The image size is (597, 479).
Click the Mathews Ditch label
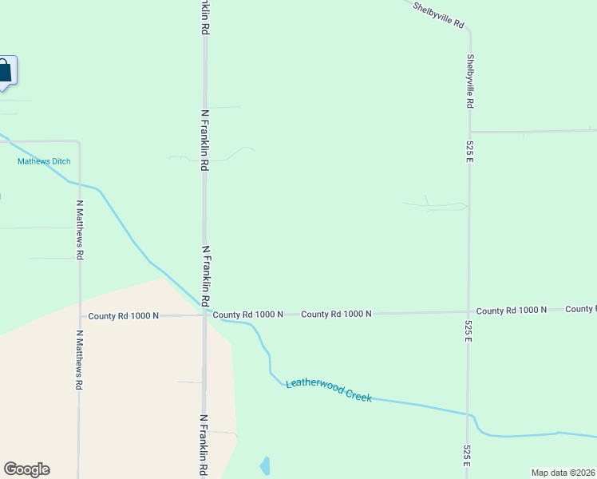click(x=44, y=161)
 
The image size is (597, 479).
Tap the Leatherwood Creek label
click(x=329, y=390)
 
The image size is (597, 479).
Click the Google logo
click(x=26, y=469)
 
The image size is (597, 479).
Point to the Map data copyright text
click(x=563, y=473)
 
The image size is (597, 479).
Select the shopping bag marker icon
click(x=4, y=71)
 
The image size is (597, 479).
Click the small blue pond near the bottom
click(x=265, y=465)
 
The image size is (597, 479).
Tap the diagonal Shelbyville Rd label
click(x=438, y=15)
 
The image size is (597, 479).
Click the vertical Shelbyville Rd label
click(x=471, y=81)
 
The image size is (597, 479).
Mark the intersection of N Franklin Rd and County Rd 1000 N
click(x=205, y=315)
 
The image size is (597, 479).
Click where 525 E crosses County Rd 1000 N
click(x=469, y=311)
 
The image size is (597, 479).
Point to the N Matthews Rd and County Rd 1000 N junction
click(x=79, y=315)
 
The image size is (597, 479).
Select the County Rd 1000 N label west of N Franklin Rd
click(x=124, y=316)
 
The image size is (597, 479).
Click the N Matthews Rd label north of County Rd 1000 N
click(x=79, y=229)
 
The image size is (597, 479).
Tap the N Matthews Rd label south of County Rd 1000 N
click(x=79, y=360)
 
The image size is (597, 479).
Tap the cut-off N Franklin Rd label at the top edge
click(x=205, y=17)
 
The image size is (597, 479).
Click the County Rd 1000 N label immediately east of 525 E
click(x=512, y=310)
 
